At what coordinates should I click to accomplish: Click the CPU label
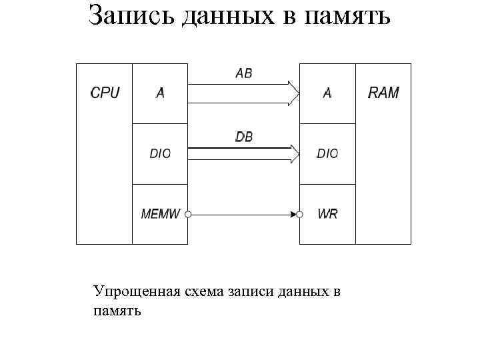(105, 93)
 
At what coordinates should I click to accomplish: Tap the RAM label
(383, 93)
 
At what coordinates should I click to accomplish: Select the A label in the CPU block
(160, 93)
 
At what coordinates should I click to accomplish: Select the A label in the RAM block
(327, 93)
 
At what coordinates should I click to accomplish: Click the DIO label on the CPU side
(160, 153)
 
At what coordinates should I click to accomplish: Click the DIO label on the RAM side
(327, 153)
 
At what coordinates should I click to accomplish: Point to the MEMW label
(161, 214)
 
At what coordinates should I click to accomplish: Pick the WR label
(327, 214)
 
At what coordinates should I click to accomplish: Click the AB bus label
(244, 73)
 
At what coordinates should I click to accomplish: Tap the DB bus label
(244, 137)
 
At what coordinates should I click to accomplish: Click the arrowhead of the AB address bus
(294, 93)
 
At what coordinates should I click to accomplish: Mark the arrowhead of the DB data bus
(294, 154)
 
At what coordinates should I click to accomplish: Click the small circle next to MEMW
(188, 215)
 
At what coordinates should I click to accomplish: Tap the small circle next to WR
(300, 215)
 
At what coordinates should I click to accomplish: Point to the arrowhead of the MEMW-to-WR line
(293, 215)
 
